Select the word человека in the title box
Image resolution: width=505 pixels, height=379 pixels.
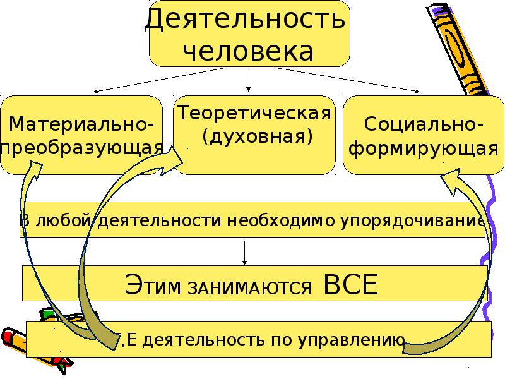click(249, 51)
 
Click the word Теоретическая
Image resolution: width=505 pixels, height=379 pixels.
click(254, 114)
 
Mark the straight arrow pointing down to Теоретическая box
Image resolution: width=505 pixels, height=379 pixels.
click(249, 80)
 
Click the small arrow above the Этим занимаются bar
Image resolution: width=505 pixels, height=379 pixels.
click(245, 253)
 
